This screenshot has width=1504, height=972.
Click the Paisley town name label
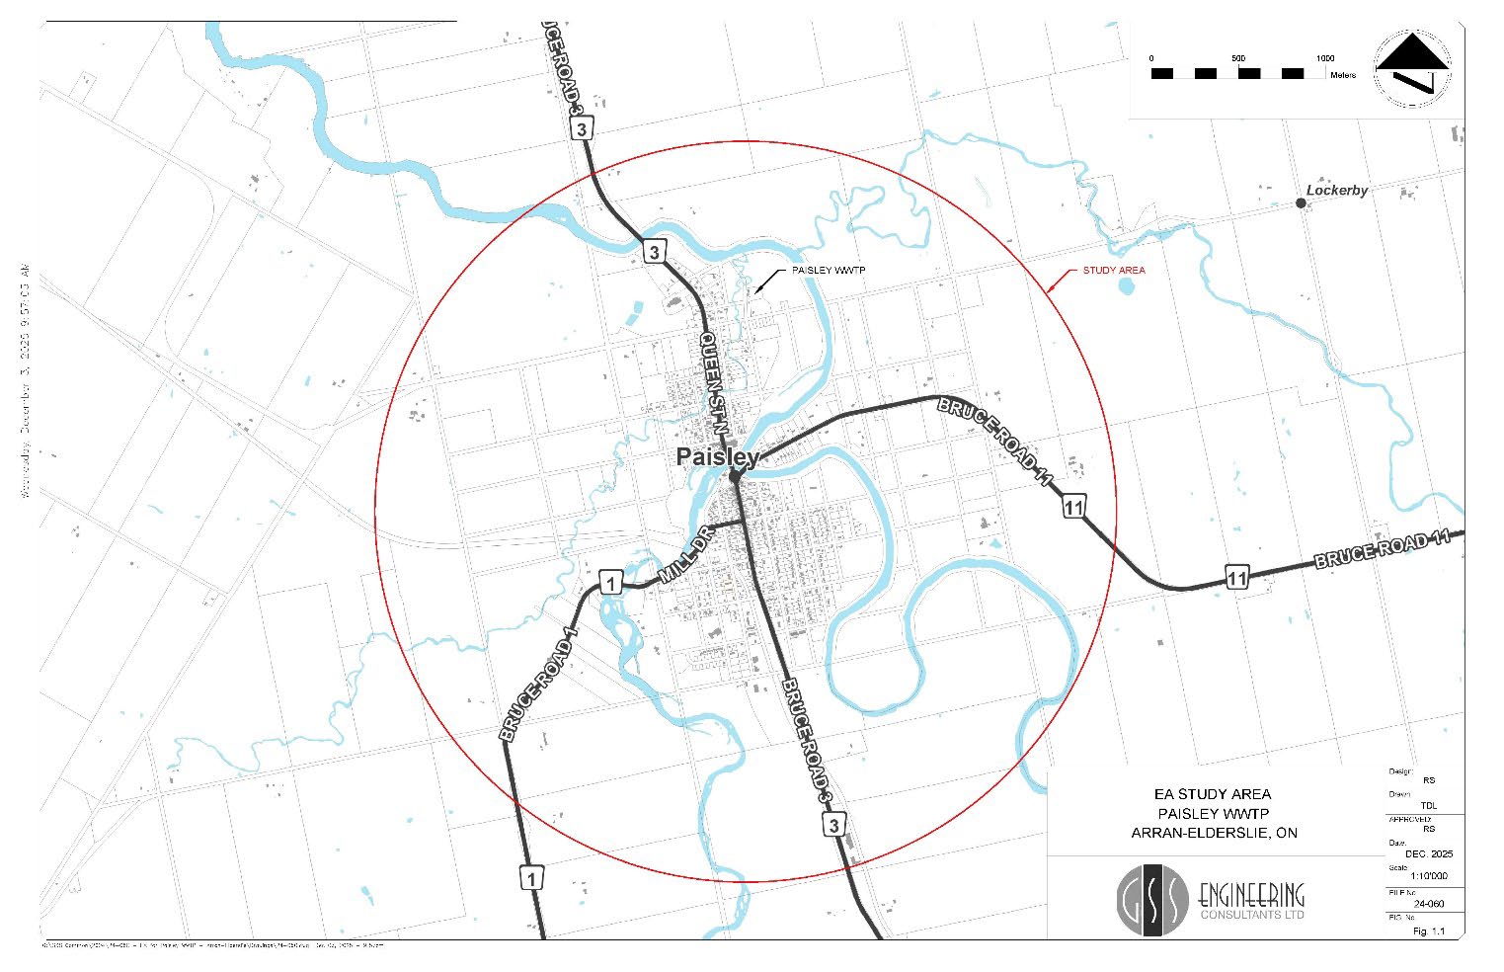[x=717, y=457]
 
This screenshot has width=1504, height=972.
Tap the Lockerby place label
[x=1337, y=191]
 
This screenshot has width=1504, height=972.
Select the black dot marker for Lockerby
[x=1301, y=203]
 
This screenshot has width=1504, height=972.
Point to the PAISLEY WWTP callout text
[x=829, y=270]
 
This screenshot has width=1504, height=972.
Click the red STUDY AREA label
[x=1114, y=270]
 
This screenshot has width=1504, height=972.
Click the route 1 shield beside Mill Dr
[x=610, y=583]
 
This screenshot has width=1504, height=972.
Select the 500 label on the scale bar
[x=1238, y=58]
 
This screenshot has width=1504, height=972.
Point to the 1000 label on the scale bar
[x=1324, y=58]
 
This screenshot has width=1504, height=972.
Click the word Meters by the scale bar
[x=1343, y=75]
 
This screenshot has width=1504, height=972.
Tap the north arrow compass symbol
[x=1413, y=68]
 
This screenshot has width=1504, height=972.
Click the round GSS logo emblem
[x=1152, y=900]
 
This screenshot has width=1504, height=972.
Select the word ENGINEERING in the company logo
[x=1251, y=895]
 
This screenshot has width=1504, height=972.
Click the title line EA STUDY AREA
[x=1213, y=794]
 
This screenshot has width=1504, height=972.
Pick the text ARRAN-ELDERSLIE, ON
[x=1214, y=833]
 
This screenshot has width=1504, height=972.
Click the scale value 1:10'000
[x=1429, y=876]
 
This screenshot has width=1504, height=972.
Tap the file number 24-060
[x=1429, y=903]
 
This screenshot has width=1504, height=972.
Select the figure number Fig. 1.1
[x=1428, y=931]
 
